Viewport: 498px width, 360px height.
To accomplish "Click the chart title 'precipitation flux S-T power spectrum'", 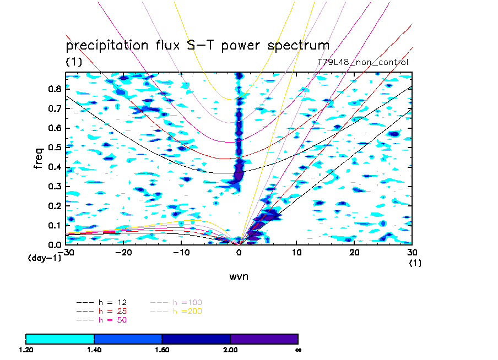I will pyautogui.click(x=197, y=45).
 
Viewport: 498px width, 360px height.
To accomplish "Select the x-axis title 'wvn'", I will pyautogui.click(x=239, y=276).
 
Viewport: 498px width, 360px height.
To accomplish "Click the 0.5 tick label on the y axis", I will pyautogui.click(x=54, y=148).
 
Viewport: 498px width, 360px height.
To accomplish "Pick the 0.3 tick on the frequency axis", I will pyautogui.click(x=54, y=186).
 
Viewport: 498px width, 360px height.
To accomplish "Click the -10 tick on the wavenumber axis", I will pyautogui.click(x=181, y=252).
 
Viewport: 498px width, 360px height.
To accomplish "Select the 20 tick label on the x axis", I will pyautogui.click(x=354, y=252).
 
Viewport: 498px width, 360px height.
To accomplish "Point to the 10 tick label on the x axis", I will pyautogui.click(x=297, y=252).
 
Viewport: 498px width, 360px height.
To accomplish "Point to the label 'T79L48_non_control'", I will pyautogui.click(x=363, y=63).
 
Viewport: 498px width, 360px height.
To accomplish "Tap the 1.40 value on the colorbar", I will pyautogui.click(x=94, y=350).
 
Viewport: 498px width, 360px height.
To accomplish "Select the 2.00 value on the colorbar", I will pyautogui.click(x=230, y=350).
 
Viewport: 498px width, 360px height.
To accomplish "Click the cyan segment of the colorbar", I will pyautogui.click(x=60, y=339).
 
